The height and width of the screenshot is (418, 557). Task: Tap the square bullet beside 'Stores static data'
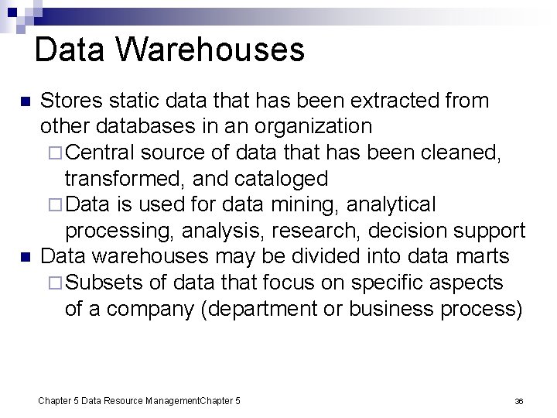25,102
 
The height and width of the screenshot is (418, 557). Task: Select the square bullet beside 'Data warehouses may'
25,257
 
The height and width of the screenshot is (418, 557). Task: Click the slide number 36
519,401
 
